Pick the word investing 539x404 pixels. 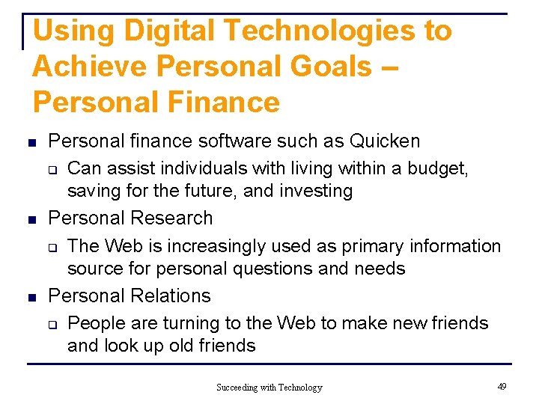point(316,191)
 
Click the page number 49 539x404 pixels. point(502,387)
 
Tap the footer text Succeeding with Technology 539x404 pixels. point(269,388)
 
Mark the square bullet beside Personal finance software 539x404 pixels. point(31,142)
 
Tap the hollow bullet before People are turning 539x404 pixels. point(54,325)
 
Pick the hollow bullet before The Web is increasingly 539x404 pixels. point(54,248)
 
